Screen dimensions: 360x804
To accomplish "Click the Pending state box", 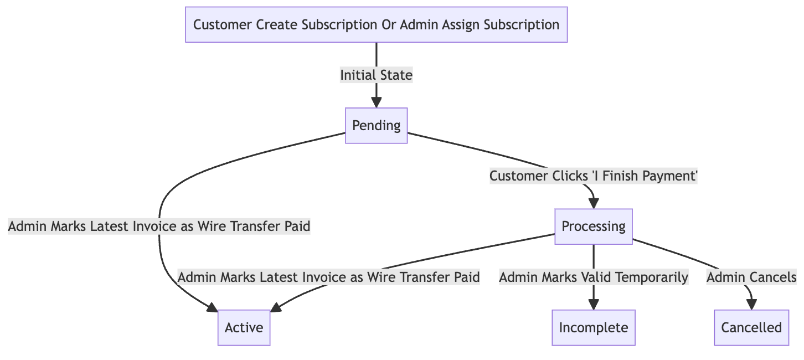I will pos(377,126).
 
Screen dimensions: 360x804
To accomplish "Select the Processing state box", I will pos(593,226).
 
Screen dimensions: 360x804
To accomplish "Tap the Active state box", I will pos(244,327).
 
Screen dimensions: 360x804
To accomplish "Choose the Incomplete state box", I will pos(593,327).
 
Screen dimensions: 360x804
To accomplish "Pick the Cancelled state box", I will pos(751,327).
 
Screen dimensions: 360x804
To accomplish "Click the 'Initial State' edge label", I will pos(377,75).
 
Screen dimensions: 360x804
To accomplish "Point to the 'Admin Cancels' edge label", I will pos(751,277).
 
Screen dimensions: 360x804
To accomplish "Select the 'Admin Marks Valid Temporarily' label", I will pos(593,277).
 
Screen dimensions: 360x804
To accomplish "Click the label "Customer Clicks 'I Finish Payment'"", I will pos(593,177).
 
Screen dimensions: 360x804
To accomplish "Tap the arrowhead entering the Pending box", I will pos(377,102).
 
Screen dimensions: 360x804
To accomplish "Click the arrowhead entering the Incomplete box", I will pos(593,304).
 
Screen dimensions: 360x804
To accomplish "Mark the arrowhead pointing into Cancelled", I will pos(751,304).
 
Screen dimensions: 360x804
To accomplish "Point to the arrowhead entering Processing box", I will pos(593,203).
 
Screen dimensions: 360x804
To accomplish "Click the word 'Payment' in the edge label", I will pos(673,177).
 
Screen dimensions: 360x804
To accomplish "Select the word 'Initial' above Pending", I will pos(357,75).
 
